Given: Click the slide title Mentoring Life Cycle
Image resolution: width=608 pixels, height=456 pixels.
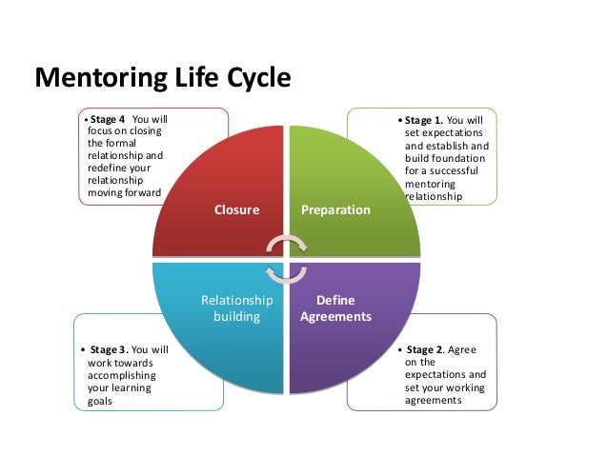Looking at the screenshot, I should (161, 77).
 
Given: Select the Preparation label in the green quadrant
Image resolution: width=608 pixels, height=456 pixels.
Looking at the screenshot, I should (335, 209).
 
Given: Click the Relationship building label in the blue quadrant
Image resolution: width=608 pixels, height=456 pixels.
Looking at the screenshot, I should (236, 307).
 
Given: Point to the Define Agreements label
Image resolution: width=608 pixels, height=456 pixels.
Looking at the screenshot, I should (335, 307).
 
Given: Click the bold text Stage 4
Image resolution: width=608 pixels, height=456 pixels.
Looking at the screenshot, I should (108, 119).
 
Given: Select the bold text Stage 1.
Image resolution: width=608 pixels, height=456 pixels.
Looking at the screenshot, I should (424, 121).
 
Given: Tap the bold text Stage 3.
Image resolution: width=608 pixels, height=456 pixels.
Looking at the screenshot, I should (108, 349).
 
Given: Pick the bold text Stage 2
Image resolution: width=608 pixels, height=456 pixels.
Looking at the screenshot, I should (426, 349).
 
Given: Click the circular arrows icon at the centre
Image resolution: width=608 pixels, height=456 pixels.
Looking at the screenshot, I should (286, 258).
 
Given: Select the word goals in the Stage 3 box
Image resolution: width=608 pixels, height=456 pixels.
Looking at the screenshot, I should (100, 402).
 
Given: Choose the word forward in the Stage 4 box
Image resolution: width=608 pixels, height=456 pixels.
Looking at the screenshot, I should (140, 192).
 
